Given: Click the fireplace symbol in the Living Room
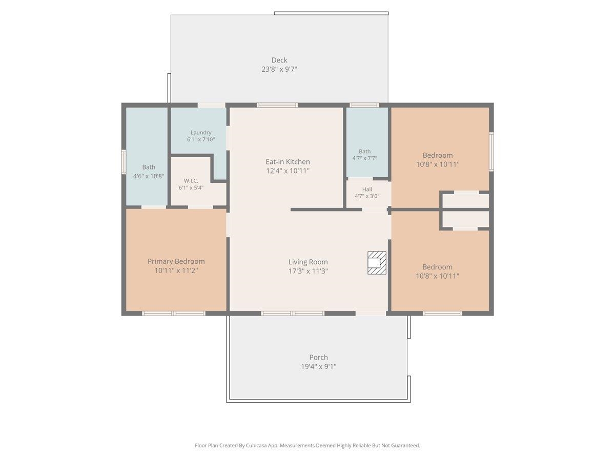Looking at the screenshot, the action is click(x=377, y=263).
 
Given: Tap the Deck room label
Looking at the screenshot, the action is click(x=279, y=60).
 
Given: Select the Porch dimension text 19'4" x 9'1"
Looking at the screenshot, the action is click(x=319, y=366).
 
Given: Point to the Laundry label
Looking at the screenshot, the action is click(x=201, y=132).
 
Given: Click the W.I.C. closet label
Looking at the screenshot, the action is click(x=191, y=180).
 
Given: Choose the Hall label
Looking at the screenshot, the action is click(x=367, y=189).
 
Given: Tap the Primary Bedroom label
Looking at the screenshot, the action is click(x=176, y=261).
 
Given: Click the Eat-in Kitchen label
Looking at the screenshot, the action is click(x=288, y=162).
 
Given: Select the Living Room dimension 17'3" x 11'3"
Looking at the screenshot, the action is click(x=308, y=271).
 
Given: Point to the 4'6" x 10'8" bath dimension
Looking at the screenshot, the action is click(x=149, y=176).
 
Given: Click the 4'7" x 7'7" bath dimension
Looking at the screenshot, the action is click(x=364, y=158).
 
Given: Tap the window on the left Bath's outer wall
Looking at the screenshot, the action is click(x=124, y=162).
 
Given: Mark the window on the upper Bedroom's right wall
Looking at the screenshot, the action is click(x=491, y=152).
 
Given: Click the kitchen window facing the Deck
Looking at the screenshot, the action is click(x=277, y=105).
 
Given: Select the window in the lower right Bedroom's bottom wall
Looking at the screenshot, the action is click(x=442, y=313).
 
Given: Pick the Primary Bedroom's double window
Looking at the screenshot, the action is click(x=173, y=313).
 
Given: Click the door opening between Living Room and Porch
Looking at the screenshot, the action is click(x=371, y=313).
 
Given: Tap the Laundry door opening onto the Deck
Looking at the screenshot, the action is click(x=212, y=105).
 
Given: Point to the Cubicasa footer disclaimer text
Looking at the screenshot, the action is click(x=307, y=445).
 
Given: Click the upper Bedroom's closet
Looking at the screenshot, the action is click(x=466, y=200).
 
